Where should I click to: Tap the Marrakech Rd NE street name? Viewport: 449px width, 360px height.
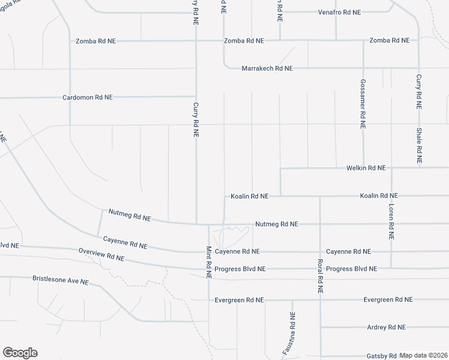(267, 68)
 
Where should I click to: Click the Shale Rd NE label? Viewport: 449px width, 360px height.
(419, 146)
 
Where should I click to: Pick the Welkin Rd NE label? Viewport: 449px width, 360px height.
(366, 168)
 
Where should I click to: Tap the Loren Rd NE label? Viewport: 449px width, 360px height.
(391, 221)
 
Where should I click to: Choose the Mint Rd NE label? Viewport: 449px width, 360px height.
(209, 262)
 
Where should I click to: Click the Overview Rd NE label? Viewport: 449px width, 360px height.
(101, 254)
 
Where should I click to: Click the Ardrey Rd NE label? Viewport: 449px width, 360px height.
(386, 327)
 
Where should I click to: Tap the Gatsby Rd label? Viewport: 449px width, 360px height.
(381, 356)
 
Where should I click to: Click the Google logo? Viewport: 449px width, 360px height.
(20, 353)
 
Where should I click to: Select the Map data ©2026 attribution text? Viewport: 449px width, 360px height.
(424, 356)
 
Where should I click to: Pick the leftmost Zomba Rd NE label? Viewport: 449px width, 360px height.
(95, 41)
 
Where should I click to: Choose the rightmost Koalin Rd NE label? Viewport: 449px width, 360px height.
(379, 196)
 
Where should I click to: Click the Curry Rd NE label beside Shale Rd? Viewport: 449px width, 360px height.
(419, 91)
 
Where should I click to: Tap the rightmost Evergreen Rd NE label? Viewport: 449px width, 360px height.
(388, 299)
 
